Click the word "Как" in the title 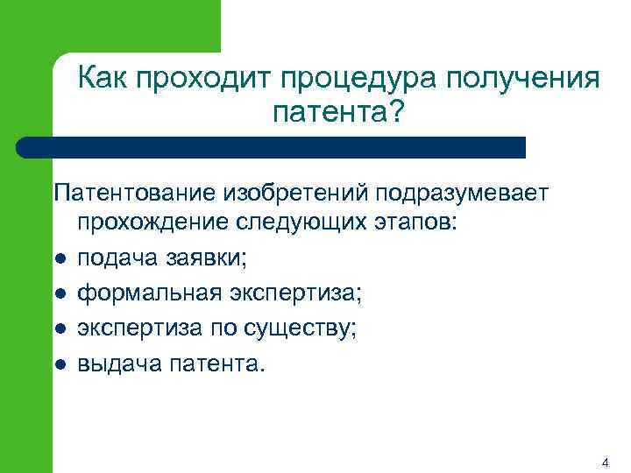coord(103,79)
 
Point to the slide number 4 coord(606,461)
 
